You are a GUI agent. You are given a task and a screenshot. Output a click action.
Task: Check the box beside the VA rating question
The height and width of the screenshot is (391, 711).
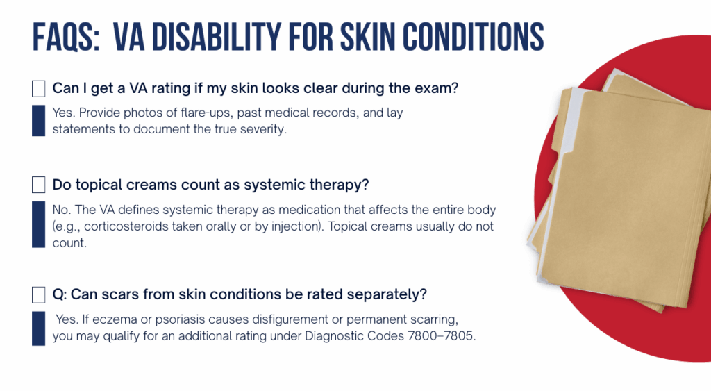39,88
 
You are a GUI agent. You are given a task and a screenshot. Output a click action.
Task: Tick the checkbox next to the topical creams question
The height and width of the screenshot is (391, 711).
39,185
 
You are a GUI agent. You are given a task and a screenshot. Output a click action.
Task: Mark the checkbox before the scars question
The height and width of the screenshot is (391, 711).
39,295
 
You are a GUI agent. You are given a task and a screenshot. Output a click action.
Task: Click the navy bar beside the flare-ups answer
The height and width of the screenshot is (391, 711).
39,121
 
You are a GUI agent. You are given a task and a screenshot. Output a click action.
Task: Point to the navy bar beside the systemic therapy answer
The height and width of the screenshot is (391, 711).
39,224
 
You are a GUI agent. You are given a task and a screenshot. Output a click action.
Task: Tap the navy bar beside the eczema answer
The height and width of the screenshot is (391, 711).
39,328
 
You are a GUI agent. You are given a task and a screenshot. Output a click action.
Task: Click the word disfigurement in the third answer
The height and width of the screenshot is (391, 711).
290,319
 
